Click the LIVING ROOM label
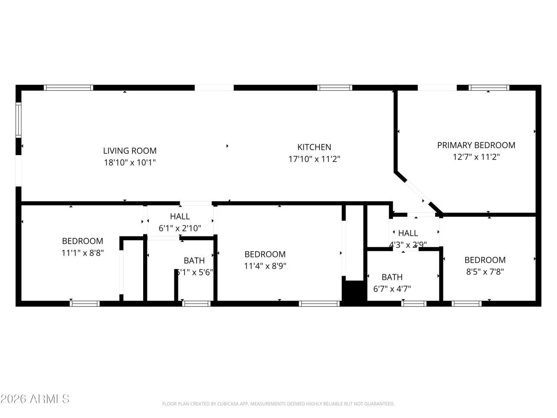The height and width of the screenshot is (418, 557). [130, 151]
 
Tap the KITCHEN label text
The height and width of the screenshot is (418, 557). [314, 147]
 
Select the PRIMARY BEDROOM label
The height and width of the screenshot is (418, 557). [476, 145]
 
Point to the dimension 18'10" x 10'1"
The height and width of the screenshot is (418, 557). [130, 163]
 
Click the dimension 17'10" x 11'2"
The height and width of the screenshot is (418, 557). [314, 159]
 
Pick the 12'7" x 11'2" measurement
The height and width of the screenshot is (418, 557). [476, 157]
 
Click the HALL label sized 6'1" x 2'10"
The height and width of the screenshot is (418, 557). [180, 216]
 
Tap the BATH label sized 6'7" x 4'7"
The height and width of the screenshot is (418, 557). [392, 277]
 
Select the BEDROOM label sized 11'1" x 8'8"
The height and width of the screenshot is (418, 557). [83, 241]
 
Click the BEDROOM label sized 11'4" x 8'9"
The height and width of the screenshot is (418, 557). [265, 254]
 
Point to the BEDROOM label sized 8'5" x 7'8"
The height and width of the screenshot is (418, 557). [485, 260]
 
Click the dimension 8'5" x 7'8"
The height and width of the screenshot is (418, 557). [485, 272]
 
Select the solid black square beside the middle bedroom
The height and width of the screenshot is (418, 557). [354, 290]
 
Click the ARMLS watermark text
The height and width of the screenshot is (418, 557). [35, 399]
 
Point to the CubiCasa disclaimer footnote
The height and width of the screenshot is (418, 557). [278, 404]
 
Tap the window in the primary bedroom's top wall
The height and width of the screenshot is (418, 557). [489, 88]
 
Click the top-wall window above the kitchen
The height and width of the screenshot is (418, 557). [334, 88]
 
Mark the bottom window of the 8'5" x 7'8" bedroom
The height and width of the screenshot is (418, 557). [466, 303]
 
